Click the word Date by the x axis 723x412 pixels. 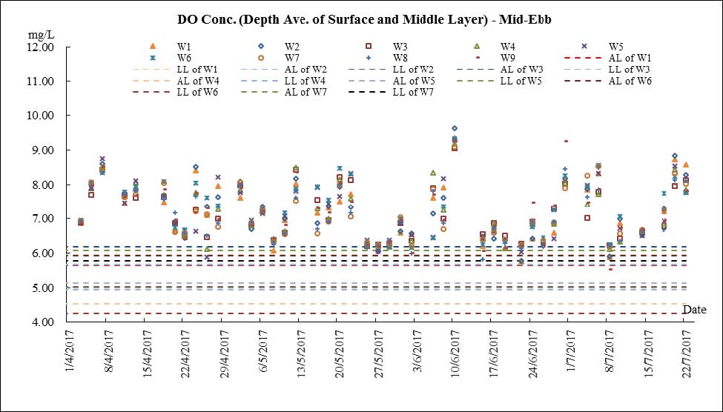point(694,309)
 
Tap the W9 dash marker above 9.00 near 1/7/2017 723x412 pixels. point(566,141)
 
